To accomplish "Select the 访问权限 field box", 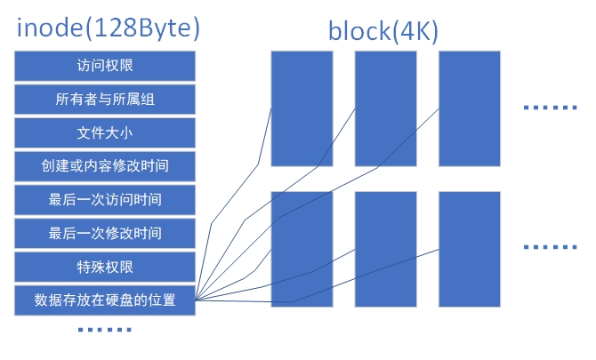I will [105, 65].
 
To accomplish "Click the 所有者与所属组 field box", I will [105, 99].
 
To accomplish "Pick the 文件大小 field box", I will [105, 132].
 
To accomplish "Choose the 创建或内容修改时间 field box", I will [105, 166].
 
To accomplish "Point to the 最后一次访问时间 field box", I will [105, 199].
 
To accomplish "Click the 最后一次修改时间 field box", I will [105, 233].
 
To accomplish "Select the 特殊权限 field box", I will [105, 266].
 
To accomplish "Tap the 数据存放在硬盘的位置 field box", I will [105, 300].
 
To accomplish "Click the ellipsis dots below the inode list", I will [105, 331].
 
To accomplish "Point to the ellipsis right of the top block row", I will [549, 108].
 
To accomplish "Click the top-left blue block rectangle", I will [302, 108].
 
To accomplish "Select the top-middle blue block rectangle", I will [385, 108].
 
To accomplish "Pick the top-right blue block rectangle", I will [469, 108].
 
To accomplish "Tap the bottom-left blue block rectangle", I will [302, 249].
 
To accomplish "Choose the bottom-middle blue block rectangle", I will [385, 249].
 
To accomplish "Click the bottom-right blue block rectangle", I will [469, 249].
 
